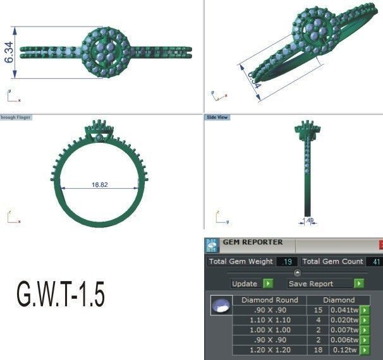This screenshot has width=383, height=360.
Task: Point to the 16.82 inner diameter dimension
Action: pos(100,185)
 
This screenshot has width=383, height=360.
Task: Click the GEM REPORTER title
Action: pos(253,243)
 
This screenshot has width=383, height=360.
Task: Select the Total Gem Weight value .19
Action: pos(287,261)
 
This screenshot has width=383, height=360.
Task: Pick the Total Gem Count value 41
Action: pos(375,261)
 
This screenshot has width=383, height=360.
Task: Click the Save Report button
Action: pos(320,284)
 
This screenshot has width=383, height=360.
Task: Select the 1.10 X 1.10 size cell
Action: pos(270,320)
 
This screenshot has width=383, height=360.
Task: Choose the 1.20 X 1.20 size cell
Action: pos(270,350)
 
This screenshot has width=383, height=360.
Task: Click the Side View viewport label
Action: pos(217,117)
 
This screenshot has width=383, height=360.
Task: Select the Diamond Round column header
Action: pos(270,300)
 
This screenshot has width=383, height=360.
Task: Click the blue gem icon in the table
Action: pos(221,306)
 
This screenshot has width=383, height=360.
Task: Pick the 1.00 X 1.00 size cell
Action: pos(270,330)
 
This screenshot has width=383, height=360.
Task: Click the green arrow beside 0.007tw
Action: pos(365,330)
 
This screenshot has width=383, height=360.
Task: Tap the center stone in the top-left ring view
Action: pos(105,49)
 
